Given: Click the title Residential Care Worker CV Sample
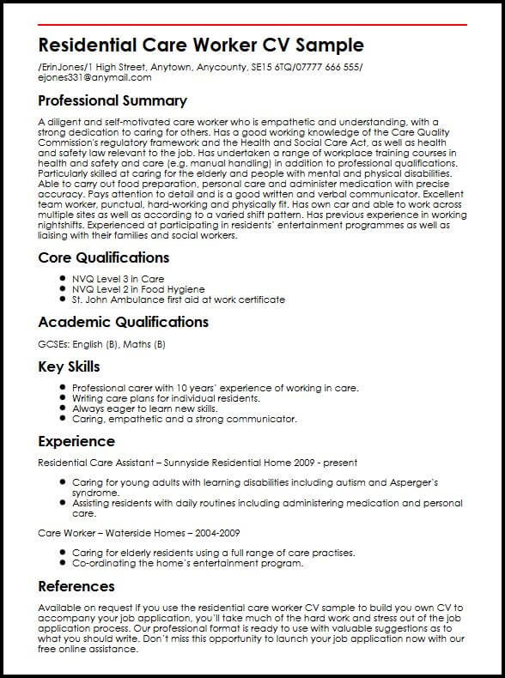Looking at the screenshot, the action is tap(202, 45).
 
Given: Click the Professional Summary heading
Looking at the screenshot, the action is tap(113, 100).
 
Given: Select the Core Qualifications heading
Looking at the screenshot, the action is tap(104, 257).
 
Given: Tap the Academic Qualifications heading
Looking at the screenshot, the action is tap(124, 322).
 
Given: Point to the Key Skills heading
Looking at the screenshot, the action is tap(70, 366).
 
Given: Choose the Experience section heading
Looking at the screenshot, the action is tap(76, 441).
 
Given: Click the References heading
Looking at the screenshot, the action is tap(76, 586).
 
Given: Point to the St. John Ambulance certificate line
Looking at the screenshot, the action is tap(179, 300).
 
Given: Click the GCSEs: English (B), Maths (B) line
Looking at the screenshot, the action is tap(102, 344).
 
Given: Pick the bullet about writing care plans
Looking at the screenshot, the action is tap(166, 398).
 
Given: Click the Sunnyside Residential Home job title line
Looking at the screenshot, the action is tap(198, 463).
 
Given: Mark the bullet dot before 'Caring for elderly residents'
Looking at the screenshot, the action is tap(64, 553).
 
